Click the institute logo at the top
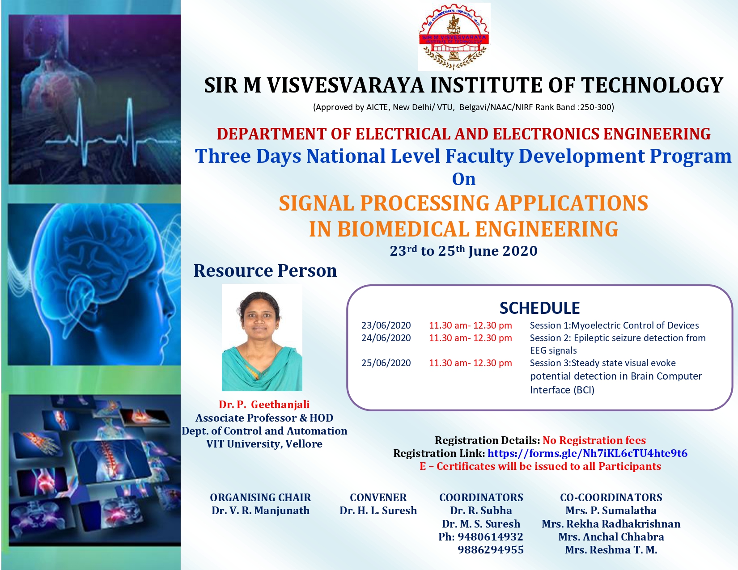[x=454, y=37]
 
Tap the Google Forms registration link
[x=587, y=453]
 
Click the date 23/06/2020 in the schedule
[x=386, y=325]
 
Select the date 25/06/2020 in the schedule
[x=386, y=363]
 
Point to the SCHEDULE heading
[x=539, y=308]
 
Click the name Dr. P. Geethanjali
[x=264, y=404]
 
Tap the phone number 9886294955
[x=490, y=549]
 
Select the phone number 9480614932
[x=490, y=537]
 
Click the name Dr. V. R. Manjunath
[x=260, y=511]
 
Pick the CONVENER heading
[x=378, y=497]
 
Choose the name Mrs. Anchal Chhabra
[x=611, y=537]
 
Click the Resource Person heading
[x=265, y=270]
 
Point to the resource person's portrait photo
[x=262, y=338]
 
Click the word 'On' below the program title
[x=463, y=179]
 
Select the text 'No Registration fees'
[x=594, y=440]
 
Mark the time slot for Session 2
[x=470, y=338]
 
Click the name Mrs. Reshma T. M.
[x=611, y=549]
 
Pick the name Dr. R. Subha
[x=481, y=511]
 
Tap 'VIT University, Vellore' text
[x=264, y=444]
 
